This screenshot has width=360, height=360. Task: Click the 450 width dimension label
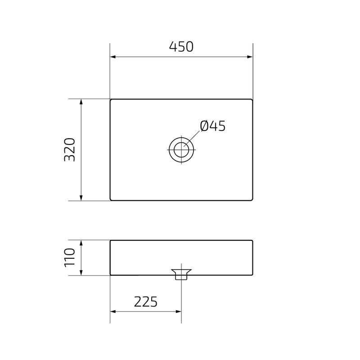(x=181, y=47)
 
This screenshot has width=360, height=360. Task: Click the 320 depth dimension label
(x=70, y=149)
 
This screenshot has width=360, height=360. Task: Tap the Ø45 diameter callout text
(x=212, y=126)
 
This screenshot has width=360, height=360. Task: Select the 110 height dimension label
(x=70, y=257)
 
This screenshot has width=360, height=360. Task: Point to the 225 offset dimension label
(x=146, y=302)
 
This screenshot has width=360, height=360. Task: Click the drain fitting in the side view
(x=181, y=274)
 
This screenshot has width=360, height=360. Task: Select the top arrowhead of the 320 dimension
(x=81, y=102)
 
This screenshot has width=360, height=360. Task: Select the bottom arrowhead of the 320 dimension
(x=81, y=198)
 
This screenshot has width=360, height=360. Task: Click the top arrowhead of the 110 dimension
(x=81, y=243)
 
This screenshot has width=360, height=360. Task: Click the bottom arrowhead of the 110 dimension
(x=81, y=272)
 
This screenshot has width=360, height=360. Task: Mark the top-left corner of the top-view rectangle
(x=111, y=99)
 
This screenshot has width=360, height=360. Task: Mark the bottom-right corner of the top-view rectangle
(x=252, y=200)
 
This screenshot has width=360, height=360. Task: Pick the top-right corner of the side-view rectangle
(x=252, y=241)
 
